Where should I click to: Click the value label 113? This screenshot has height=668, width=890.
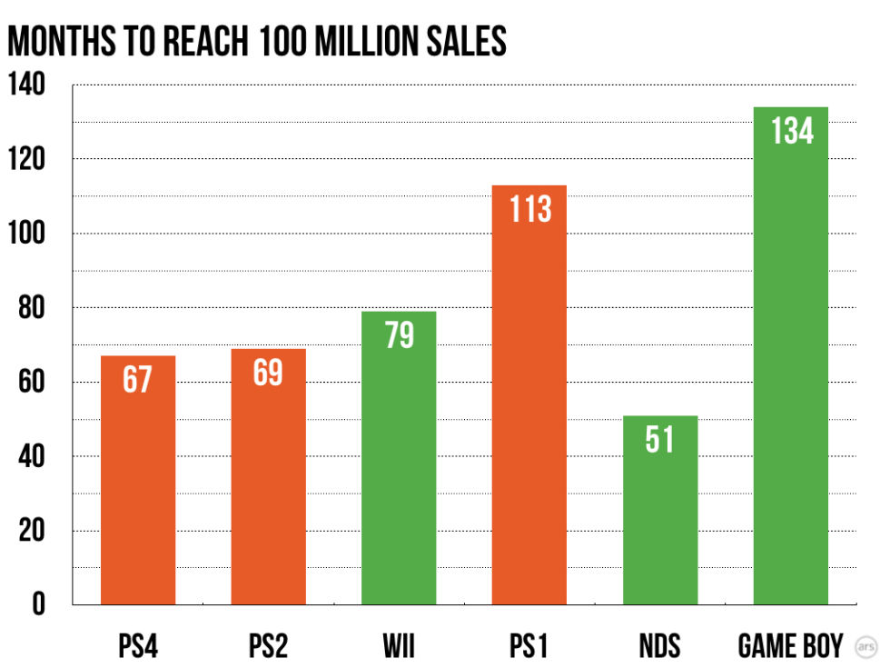pyautogui.click(x=530, y=209)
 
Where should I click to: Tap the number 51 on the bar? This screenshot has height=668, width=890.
pyautogui.click(x=660, y=440)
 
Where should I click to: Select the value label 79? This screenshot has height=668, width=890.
pyautogui.click(x=400, y=335)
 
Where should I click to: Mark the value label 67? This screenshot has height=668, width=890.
pyautogui.click(x=138, y=379)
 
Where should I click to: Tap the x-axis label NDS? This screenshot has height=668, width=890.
pyautogui.click(x=660, y=646)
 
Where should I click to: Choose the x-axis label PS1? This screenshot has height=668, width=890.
pyautogui.click(x=529, y=646)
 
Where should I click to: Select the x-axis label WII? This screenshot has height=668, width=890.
pyautogui.click(x=400, y=646)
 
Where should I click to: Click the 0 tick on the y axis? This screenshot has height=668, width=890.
pyautogui.click(x=38, y=604)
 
